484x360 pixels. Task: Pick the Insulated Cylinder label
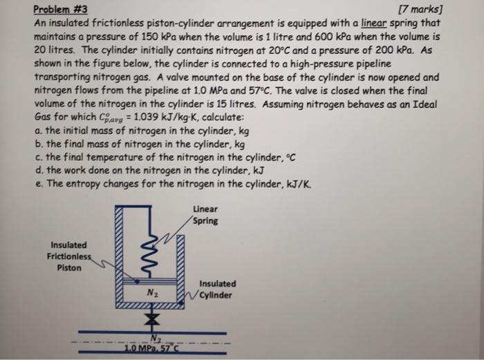tap(217, 289)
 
